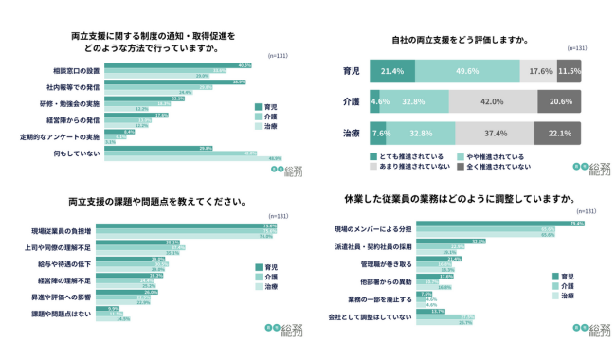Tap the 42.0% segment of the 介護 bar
491,101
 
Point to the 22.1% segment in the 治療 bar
558,134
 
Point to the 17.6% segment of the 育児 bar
540,71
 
